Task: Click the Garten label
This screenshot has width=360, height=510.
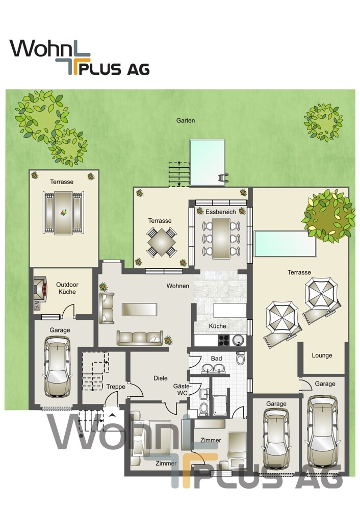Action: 186,120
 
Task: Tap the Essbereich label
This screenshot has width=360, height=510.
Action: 220,212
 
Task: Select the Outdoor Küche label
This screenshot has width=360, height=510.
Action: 67,288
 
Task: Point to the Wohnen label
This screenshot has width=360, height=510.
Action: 177,286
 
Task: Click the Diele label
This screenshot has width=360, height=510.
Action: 160,378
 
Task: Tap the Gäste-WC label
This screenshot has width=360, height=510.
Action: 182,389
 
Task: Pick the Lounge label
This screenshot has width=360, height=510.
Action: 322,355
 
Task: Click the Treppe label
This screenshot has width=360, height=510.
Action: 116,387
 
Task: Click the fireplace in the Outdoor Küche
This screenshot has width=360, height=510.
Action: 40,288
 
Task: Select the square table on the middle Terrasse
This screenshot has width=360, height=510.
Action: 162,242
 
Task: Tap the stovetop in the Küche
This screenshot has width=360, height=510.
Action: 223,340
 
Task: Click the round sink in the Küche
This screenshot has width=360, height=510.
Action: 238,340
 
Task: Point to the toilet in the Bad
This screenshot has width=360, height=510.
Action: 241,358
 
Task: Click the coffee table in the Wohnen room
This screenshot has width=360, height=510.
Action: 139,310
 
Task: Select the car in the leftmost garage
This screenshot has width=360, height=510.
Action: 57,366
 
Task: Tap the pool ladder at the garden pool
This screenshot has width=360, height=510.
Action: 223,178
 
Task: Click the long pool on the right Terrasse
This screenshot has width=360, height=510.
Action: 285,244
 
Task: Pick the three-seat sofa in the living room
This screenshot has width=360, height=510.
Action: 140,338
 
